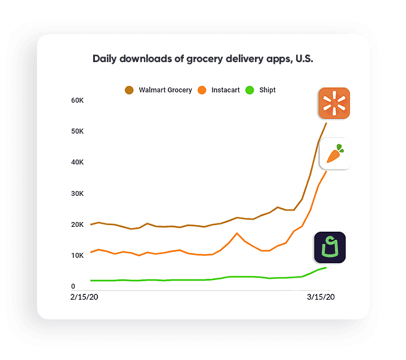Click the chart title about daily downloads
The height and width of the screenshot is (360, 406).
(x=203, y=59)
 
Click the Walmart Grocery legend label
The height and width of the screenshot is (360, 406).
(x=165, y=90)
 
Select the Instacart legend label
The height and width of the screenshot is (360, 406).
(x=226, y=90)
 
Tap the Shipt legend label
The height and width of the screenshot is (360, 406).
(x=267, y=90)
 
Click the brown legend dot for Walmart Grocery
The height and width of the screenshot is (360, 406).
(x=129, y=90)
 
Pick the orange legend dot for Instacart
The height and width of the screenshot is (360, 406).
(x=202, y=90)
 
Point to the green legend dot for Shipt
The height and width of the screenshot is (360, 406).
(x=250, y=90)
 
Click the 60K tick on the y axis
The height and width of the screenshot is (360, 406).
(x=78, y=100)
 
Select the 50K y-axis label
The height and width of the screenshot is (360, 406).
(x=78, y=131)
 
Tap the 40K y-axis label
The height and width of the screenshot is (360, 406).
(x=78, y=162)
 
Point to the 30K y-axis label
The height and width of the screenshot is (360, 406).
(x=78, y=193)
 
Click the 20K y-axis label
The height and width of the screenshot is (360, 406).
(x=78, y=224)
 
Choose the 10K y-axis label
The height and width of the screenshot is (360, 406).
(x=78, y=256)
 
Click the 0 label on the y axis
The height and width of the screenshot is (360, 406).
(x=73, y=287)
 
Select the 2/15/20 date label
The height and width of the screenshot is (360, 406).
(x=84, y=297)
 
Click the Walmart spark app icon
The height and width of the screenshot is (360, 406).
(x=334, y=103)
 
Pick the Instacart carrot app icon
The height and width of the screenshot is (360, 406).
(x=335, y=154)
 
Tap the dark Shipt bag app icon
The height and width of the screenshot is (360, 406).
(x=330, y=247)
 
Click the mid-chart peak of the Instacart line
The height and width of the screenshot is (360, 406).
(x=237, y=233)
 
